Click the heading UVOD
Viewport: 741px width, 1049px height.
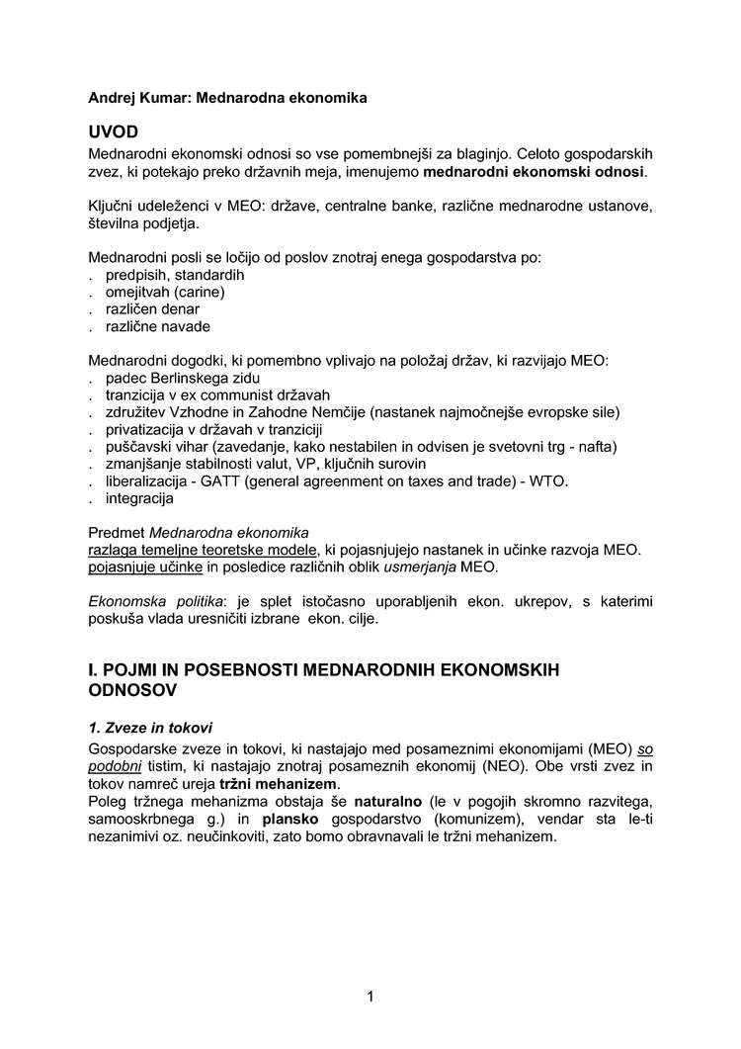(x=114, y=132)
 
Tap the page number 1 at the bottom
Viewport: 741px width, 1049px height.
(x=370, y=996)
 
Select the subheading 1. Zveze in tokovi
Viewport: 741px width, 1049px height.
(x=150, y=728)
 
